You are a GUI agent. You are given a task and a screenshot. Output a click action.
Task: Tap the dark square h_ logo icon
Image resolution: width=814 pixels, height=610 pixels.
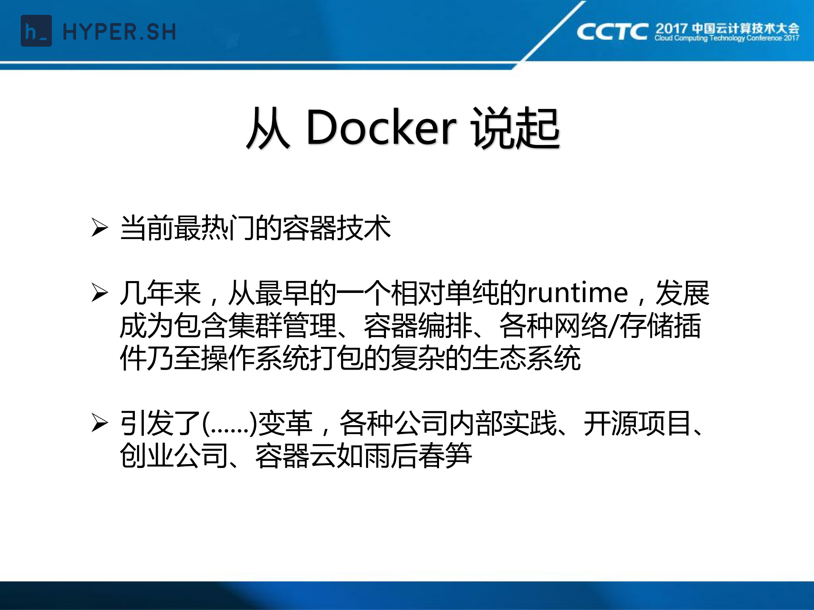(x=36, y=31)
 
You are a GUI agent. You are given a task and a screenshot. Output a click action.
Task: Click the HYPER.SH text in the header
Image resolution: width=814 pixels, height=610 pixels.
(x=119, y=32)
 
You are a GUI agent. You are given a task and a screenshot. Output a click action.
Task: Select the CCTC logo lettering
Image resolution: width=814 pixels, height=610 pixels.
(x=612, y=32)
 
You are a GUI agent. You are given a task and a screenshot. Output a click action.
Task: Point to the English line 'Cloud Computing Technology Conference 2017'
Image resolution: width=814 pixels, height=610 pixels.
(x=727, y=38)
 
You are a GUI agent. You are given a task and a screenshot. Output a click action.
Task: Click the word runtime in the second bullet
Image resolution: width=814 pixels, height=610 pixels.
(x=577, y=293)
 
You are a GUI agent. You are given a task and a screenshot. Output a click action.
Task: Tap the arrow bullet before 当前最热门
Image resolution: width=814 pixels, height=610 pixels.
(x=100, y=228)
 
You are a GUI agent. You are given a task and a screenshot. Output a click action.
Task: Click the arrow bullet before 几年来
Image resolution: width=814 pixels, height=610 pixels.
(x=100, y=293)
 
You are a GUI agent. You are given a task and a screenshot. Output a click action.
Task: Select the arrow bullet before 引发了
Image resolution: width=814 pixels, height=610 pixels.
(x=100, y=423)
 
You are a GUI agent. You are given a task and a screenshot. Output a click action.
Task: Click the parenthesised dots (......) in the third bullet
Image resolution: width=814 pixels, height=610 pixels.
(x=229, y=423)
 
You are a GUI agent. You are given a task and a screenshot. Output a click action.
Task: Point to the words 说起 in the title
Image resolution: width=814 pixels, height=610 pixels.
(x=516, y=128)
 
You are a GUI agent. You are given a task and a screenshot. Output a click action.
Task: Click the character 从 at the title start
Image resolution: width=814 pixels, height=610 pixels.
(x=268, y=128)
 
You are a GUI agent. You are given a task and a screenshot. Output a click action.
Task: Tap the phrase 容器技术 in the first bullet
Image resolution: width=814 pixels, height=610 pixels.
(x=336, y=228)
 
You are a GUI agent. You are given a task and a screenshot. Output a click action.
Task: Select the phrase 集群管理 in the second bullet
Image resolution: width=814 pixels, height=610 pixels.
(x=283, y=326)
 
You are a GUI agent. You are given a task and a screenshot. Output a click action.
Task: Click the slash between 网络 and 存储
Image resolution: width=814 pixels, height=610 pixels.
(x=613, y=326)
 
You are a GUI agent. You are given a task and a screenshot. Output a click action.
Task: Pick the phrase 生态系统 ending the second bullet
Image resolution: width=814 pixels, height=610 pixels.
(x=526, y=358)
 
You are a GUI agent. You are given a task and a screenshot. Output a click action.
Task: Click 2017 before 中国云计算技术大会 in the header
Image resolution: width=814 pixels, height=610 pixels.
(x=671, y=29)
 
